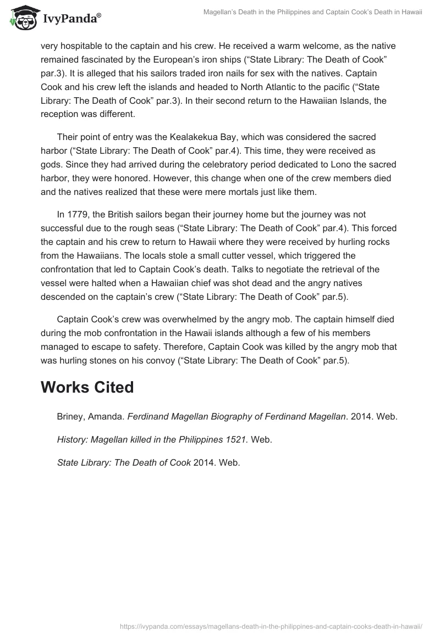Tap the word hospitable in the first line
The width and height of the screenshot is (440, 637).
point(75,46)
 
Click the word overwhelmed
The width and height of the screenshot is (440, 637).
point(177,320)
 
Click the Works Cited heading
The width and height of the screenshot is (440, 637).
point(87,388)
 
